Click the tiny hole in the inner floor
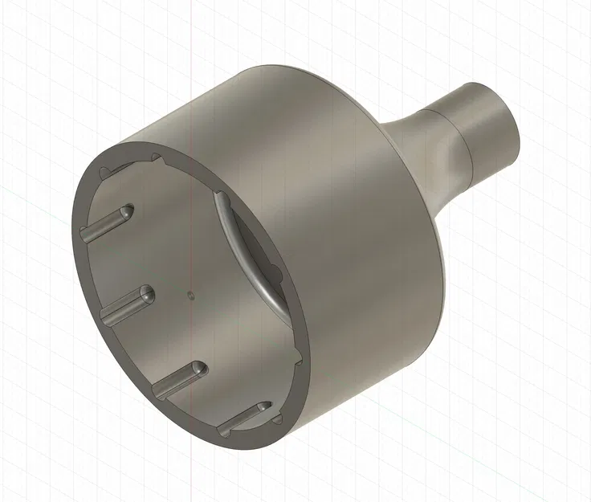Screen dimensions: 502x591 (190, 293)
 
